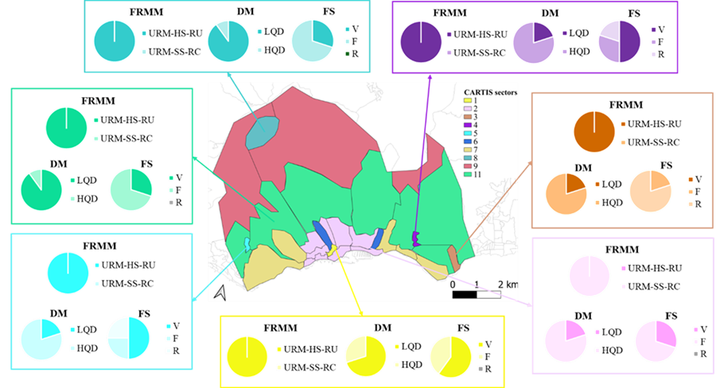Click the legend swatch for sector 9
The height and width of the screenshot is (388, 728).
(x=469, y=165)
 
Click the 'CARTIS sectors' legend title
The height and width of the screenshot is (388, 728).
(x=490, y=93)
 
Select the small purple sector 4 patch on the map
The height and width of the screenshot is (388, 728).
(x=415, y=237)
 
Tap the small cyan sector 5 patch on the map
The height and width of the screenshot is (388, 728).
(x=247, y=243)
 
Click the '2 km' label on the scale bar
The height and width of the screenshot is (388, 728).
(x=508, y=284)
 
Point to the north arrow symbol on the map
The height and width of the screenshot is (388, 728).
(x=220, y=293)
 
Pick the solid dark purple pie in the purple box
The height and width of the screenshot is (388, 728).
(x=420, y=41)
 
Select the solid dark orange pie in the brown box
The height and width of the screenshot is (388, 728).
(x=594, y=131)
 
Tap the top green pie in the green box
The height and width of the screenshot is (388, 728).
(x=66, y=128)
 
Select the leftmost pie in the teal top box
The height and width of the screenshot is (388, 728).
(x=115, y=41)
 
